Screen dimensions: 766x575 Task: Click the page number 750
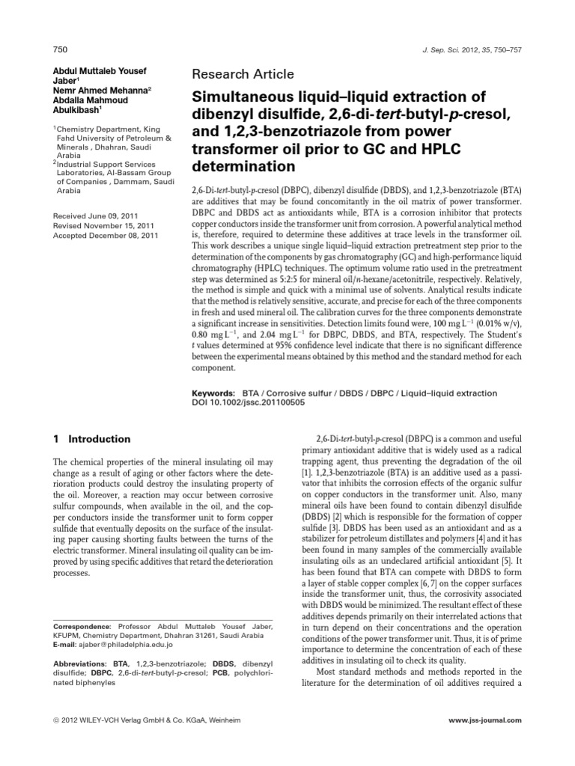(x=61, y=49)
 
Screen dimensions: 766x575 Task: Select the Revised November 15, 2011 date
(x=103, y=225)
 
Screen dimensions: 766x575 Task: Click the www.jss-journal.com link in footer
(x=485, y=720)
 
